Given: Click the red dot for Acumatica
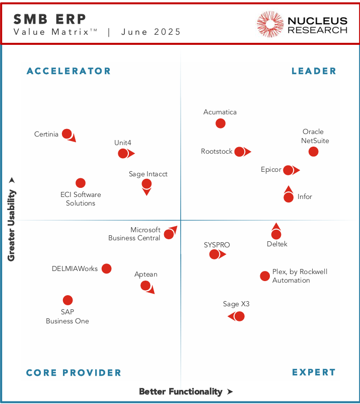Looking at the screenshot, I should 221,123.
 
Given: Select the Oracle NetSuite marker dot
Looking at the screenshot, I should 313,152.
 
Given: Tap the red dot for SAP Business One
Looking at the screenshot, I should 67,300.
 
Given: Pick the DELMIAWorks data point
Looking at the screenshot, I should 106,268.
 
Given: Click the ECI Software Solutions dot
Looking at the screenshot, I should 80,183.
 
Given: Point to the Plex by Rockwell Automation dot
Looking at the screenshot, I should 265,276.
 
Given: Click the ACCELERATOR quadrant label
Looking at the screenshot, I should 68,71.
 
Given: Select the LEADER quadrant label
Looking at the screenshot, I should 314,71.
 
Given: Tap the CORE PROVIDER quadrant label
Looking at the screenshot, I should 74,373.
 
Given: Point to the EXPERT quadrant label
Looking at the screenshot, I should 314,372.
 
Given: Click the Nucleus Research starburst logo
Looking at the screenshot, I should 270,24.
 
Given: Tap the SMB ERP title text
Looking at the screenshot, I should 50,19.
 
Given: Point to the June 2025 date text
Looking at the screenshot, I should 151,32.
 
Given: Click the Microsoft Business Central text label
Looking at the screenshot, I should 134,234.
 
